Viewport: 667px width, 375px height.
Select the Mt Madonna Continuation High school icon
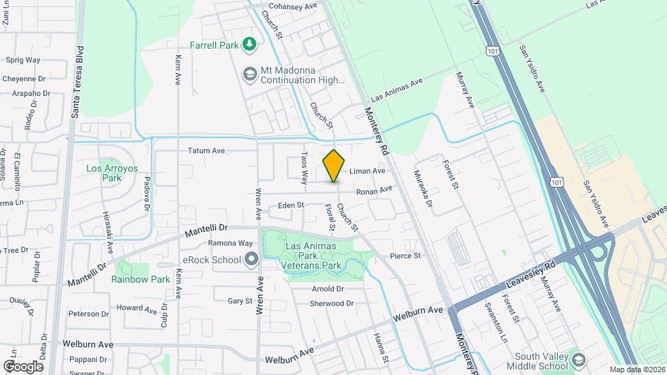(249, 74)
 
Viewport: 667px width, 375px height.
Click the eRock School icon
(251, 260)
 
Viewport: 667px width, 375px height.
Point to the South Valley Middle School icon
(578, 360)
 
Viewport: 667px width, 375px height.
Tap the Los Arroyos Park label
(103, 173)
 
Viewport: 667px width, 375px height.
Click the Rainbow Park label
(140, 279)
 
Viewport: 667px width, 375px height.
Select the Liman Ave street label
(367, 171)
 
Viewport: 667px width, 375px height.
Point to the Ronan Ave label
(374, 190)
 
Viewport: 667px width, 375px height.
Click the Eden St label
(291, 205)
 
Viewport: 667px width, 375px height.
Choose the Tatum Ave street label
(206, 150)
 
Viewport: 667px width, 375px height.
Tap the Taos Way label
(304, 168)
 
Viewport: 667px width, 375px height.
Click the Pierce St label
(406, 256)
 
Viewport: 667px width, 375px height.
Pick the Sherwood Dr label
(331, 303)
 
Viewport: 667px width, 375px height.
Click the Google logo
(23, 366)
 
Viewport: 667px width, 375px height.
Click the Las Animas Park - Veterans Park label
(311, 256)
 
